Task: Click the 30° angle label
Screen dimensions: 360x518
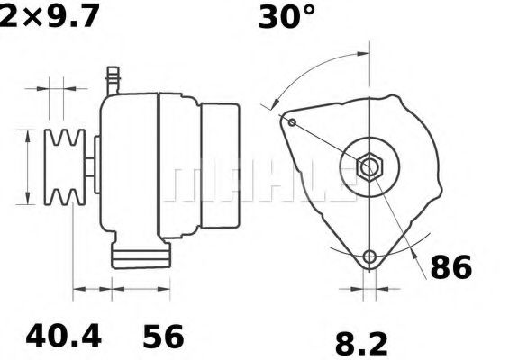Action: click(286, 18)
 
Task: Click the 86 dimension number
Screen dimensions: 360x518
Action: click(450, 267)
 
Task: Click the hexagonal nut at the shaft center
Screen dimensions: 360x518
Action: click(369, 166)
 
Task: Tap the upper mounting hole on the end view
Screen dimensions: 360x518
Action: click(292, 122)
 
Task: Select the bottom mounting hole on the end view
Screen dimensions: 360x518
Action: click(369, 257)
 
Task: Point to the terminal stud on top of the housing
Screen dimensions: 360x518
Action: click(114, 78)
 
